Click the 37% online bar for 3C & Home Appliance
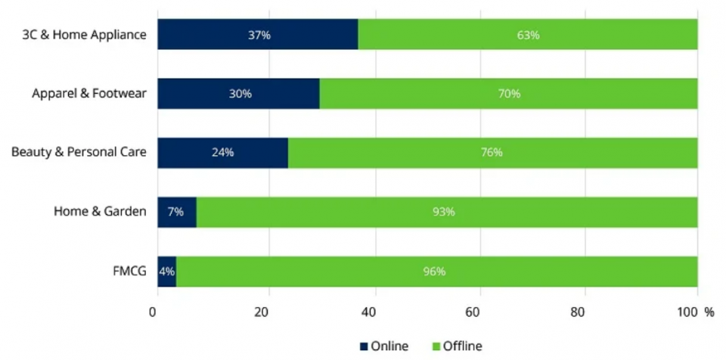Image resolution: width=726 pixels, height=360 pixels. pos(257,35)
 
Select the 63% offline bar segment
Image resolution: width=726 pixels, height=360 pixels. pos(527,35)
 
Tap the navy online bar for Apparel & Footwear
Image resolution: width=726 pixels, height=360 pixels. pos(238,94)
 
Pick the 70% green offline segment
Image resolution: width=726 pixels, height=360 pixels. pos(508,94)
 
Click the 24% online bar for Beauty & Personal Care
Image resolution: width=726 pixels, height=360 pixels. pos(222,153)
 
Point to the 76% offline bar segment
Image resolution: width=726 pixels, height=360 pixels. pos(492,153)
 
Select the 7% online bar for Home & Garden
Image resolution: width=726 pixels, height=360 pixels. pos(176,212)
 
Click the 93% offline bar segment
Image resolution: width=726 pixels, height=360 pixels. pos(446,212)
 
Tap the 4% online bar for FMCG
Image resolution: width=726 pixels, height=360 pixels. pos(166,271)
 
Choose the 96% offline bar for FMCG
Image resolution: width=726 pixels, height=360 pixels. pos(436,271)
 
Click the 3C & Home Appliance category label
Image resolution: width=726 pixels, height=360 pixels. pos(85,35)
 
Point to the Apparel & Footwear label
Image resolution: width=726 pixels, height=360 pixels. pos(89,94)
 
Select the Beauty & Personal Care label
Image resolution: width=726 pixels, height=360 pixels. pos(79,153)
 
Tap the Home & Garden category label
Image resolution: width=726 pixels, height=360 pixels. pos(100,212)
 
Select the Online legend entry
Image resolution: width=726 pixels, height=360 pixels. pos(383,346)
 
